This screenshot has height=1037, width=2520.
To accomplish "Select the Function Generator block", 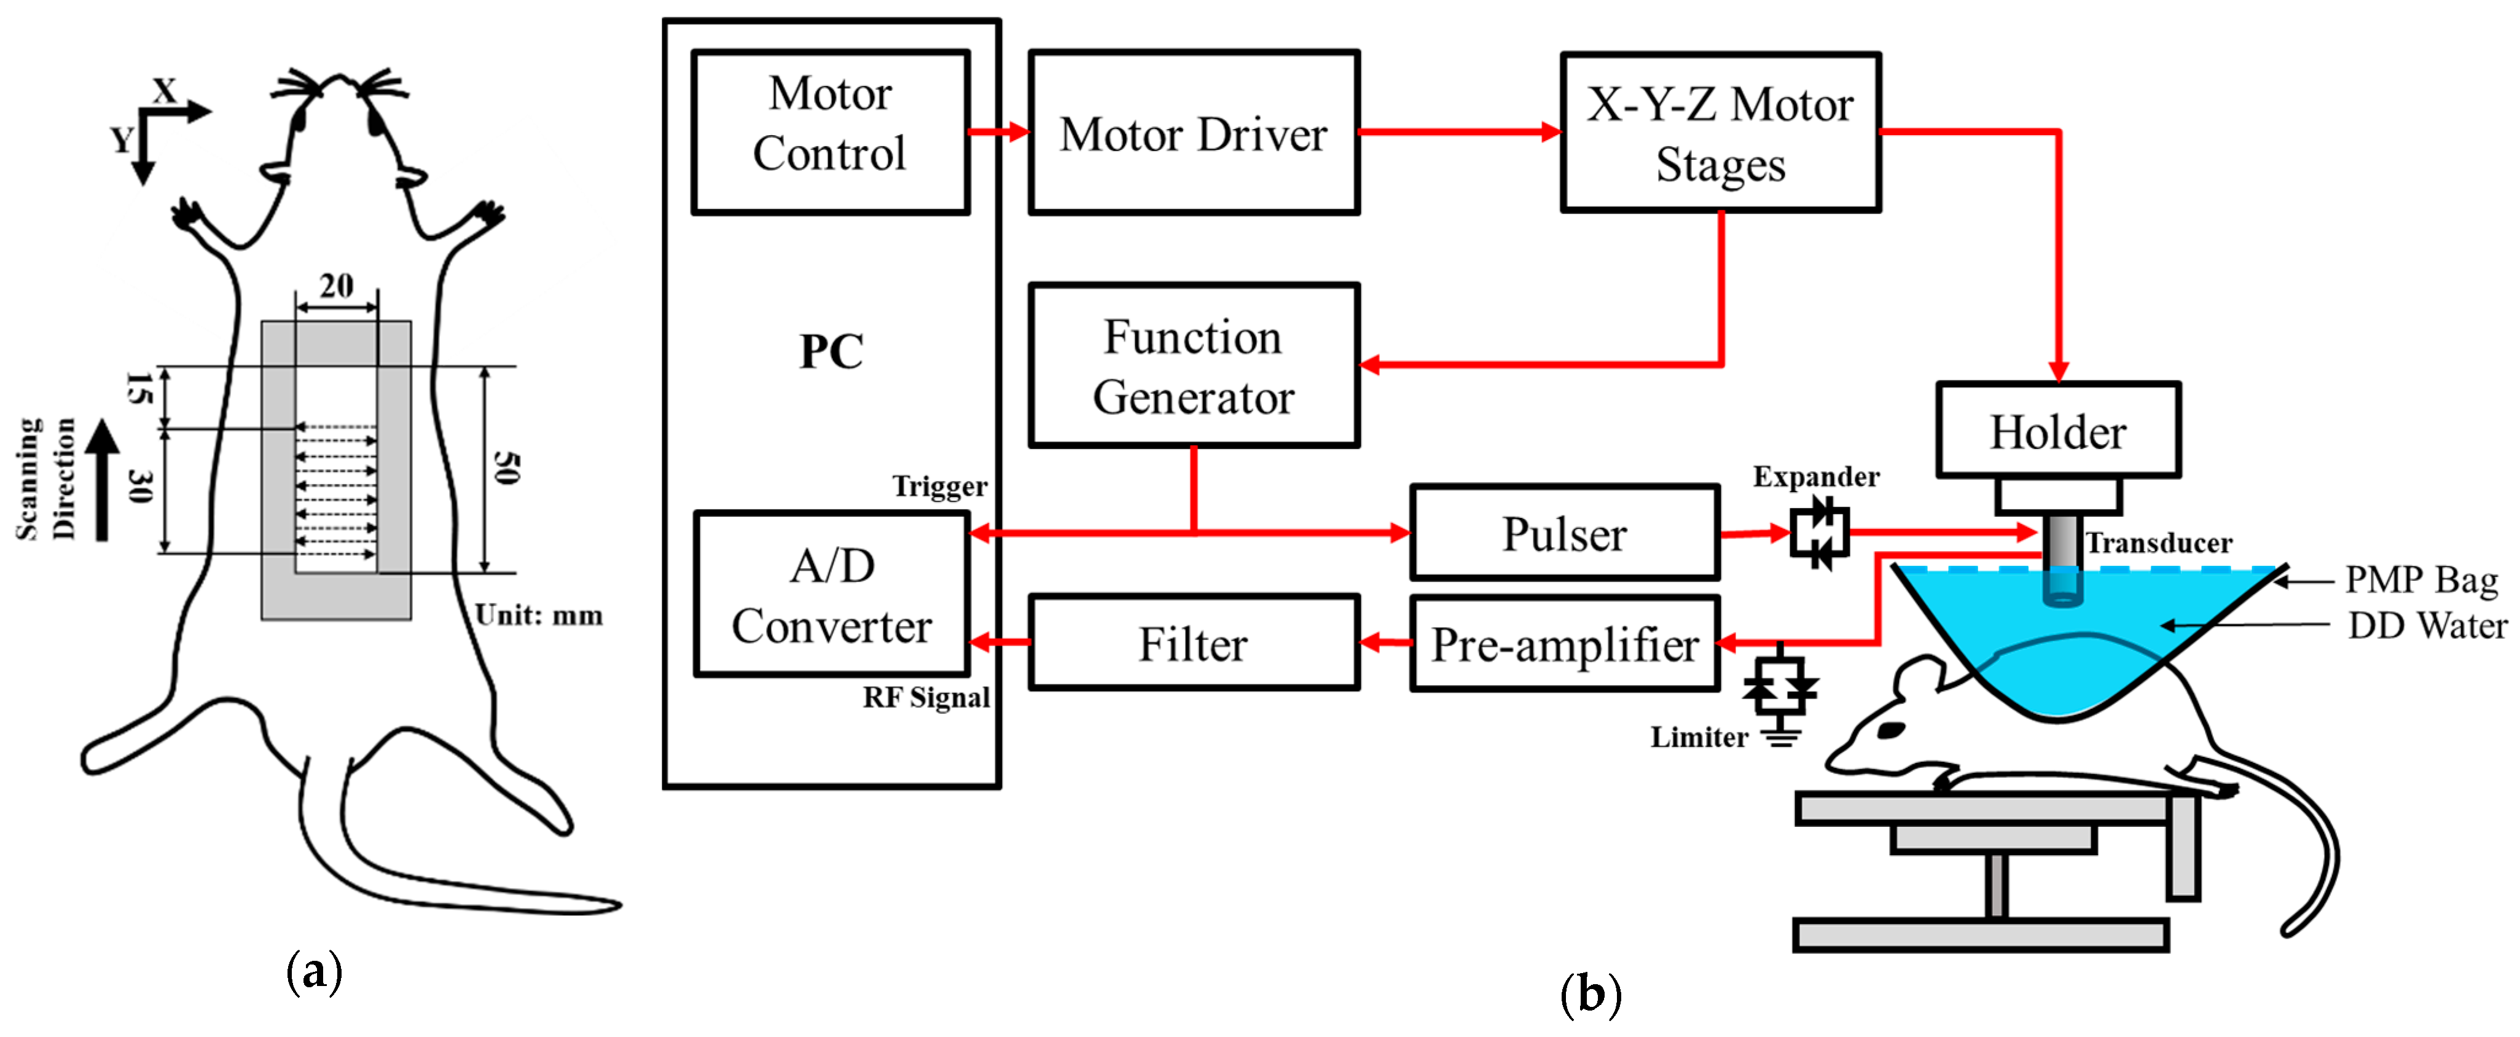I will [x=1194, y=366].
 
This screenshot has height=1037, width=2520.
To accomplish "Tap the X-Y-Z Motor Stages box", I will [x=1720, y=132].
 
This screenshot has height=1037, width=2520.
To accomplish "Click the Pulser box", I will [x=1564, y=533].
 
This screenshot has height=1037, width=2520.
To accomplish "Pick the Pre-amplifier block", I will [x=1564, y=644].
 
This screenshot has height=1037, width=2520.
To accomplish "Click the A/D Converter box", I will [x=832, y=595].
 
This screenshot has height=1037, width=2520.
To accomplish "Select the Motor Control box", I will [x=829, y=132].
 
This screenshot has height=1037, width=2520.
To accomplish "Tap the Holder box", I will [x=2058, y=431].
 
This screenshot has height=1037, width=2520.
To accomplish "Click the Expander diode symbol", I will [x=1818, y=533].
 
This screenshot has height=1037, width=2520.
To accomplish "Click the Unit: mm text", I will [x=539, y=616].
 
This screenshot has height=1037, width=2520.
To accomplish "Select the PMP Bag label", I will [x=2421, y=579].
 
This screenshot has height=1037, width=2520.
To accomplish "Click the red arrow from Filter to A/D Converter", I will [x=999, y=643].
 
